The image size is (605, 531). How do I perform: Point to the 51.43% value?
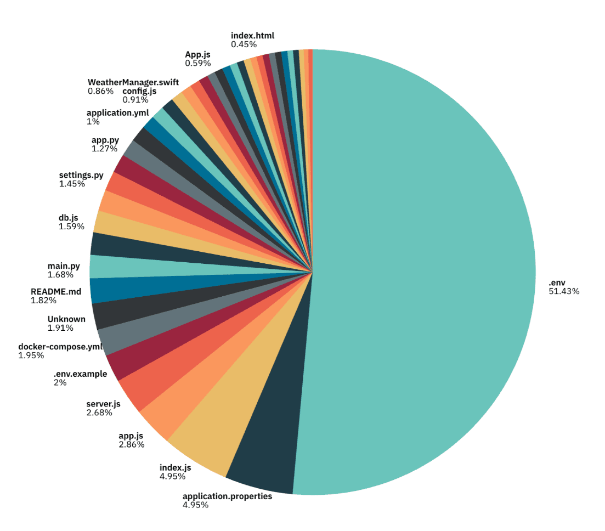click(564, 291)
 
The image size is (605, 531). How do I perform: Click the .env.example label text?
click(80, 374)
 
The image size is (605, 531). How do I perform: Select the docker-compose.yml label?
click(60, 347)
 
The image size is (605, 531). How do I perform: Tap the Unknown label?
click(66, 319)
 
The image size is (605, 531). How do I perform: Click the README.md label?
click(56, 292)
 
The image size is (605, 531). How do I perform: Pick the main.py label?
click(64, 266)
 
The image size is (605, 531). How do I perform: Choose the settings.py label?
click(81, 176)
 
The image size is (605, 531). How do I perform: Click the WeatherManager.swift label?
click(133, 82)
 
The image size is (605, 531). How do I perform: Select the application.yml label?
click(117, 113)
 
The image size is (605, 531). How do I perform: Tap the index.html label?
click(252, 36)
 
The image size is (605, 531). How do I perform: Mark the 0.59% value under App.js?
click(197, 63)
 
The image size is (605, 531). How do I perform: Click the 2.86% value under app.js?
click(132, 444)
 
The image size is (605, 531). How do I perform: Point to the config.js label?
click(139, 91)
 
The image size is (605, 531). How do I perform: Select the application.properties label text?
click(227, 496)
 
